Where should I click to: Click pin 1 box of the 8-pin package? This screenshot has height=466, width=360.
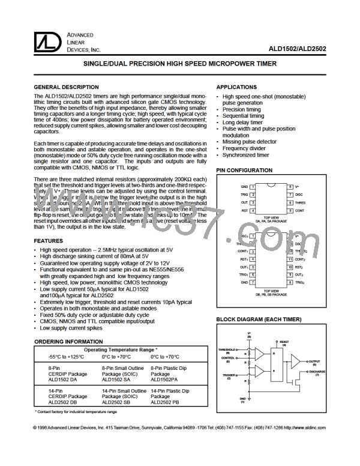click(254, 187)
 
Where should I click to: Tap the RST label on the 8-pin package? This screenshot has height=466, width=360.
click(244, 211)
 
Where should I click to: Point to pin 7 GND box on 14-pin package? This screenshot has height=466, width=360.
click(254, 281)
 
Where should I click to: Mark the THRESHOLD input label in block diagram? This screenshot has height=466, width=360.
click(227, 351)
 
